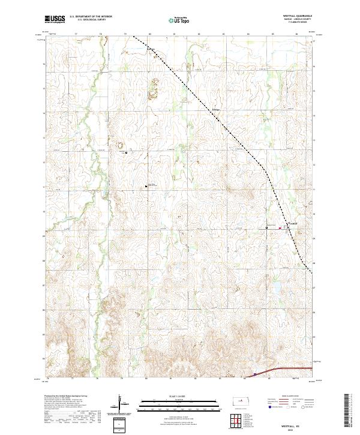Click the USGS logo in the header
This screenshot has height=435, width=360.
pyautogui.click(x=55, y=19)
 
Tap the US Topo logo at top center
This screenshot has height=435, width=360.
pyautogui.click(x=180, y=20)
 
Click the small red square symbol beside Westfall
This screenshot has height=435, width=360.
pyautogui.click(x=280, y=228)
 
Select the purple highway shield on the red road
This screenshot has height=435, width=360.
pyautogui.click(x=254, y=374)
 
